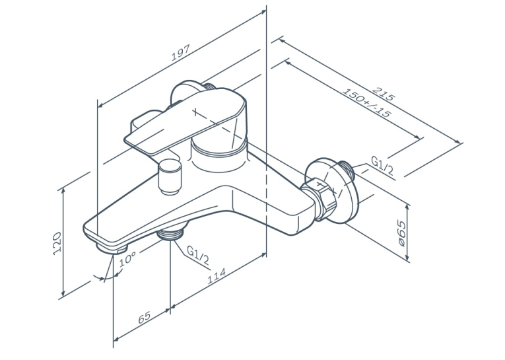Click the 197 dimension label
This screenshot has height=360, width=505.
(181, 52)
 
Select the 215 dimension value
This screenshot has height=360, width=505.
(384, 94)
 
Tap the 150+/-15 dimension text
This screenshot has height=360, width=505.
(367, 103)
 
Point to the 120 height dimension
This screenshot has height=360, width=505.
(57, 243)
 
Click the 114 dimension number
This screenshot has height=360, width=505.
(216, 276)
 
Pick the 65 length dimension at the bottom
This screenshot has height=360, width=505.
(145, 317)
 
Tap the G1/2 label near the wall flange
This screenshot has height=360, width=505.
(382, 166)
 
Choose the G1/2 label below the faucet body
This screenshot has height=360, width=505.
(198, 255)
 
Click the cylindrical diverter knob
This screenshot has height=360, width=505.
(170, 177)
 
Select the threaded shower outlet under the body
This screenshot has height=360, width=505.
(170, 233)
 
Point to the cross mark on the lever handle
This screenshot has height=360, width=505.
(195, 112)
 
